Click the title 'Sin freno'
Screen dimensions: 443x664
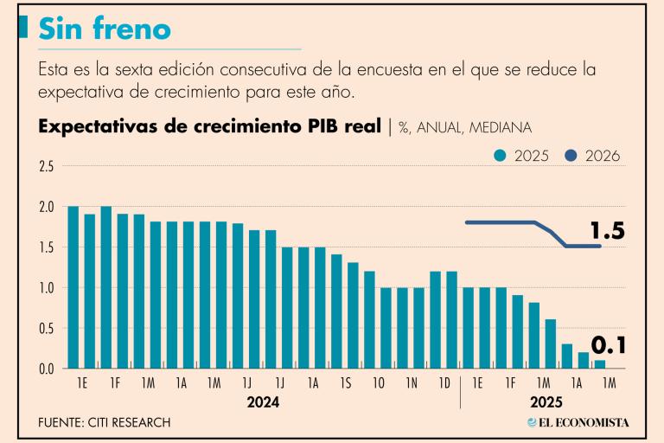[105, 30]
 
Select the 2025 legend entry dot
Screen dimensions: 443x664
[500, 157]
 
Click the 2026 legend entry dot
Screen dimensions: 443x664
[571, 157]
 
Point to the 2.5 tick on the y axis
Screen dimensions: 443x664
[47, 166]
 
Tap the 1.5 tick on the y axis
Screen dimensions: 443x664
[47, 247]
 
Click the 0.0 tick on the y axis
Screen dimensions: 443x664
[47, 369]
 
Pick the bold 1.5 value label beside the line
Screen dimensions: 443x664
[607, 232]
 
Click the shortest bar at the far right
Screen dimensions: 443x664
[600, 364]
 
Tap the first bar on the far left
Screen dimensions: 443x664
[73, 287]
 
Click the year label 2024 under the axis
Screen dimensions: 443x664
[263, 402]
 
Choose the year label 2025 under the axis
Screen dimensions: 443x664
[546, 402]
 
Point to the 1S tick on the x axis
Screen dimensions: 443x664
[346, 382]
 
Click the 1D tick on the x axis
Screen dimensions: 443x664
[444, 382]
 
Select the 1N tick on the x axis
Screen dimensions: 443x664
[412, 382]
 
